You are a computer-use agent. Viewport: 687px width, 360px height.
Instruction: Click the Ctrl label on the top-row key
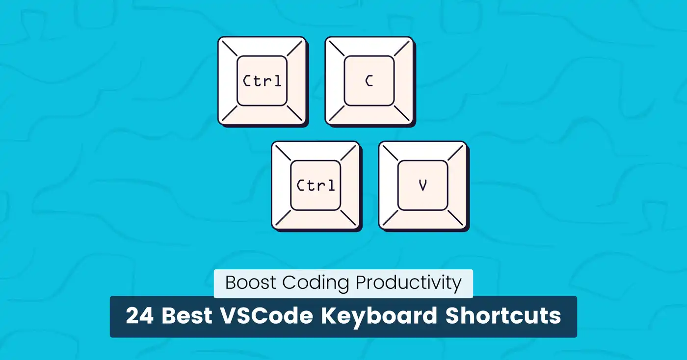[x=262, y=81]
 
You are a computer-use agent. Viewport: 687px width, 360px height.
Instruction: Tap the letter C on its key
[x=369, y=81]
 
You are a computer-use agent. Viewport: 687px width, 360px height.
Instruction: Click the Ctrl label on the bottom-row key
[x=316, y=185]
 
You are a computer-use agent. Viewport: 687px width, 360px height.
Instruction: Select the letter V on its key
[x=423, y=185]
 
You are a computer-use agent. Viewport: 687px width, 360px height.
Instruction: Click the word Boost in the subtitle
[x=251, y=282]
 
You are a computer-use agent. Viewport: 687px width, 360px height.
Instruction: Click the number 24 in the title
[x=140, y=316]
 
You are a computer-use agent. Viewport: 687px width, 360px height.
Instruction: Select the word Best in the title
[x=187, y=316]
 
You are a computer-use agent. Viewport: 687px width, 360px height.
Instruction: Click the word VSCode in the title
[x=266, y=316]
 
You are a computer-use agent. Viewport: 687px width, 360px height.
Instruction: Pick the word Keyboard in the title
[x=379, y=317]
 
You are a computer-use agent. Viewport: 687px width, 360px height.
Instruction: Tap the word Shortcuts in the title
[x=503, y=316]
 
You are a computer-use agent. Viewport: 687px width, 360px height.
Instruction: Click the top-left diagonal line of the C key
[x=337, y=48]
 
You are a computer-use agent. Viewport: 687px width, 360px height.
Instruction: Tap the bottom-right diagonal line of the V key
[x=455, y=218]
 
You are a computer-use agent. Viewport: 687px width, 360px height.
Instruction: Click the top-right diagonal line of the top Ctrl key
[x=295, y=48]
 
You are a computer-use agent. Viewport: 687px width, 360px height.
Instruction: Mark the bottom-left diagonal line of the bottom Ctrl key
[x=283, y=218]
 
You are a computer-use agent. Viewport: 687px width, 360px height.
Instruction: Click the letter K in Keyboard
[x=329, y=316]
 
